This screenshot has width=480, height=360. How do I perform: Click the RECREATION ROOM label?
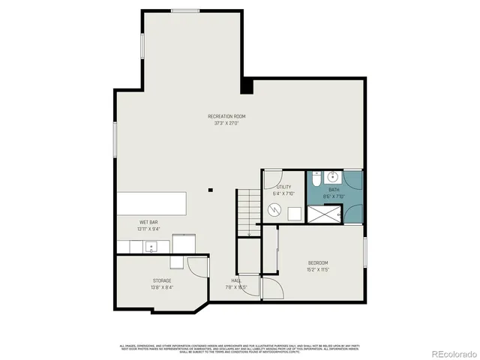click(226, 116)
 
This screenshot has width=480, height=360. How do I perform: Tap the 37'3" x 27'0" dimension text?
click(226, 123)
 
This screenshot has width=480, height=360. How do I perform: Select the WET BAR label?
click(148, 223)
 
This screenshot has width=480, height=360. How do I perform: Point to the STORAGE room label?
click(162, 280)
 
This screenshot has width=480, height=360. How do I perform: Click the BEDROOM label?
click(318, 262)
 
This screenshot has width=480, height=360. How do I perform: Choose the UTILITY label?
click(283, 187)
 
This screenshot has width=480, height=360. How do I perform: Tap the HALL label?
click(235, 280)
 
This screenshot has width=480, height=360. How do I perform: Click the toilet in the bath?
click(317, 179)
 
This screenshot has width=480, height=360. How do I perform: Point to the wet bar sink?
click(151, 246)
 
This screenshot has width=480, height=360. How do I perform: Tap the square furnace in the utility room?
click(295, 213)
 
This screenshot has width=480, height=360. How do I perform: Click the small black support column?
click(211, 190)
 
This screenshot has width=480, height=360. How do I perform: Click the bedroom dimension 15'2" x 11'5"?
click(318, 269)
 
